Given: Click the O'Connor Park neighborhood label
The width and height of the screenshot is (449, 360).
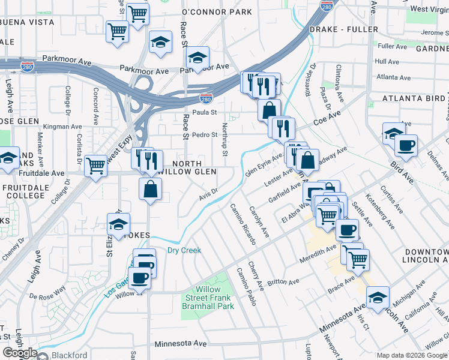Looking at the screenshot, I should [208, 12].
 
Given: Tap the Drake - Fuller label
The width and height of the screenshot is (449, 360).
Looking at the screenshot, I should [344, 29].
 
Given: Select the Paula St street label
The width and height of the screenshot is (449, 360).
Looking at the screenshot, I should [205, 112].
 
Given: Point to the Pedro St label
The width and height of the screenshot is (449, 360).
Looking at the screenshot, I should [204, 135].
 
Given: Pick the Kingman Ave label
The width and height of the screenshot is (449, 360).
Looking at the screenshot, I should [62, 127].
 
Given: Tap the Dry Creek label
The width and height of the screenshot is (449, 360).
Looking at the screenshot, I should [184, 250].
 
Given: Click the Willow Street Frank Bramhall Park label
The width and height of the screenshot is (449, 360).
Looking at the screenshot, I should [208, 298].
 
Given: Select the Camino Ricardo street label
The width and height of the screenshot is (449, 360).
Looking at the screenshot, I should [244, 224].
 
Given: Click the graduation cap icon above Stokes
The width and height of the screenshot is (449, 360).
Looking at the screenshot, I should [118, 225].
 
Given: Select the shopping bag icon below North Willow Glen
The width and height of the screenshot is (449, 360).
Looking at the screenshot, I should [150, 188].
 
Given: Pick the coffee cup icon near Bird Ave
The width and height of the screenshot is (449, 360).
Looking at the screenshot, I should [406, 145].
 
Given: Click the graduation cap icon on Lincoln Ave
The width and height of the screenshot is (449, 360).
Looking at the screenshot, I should [378, 298].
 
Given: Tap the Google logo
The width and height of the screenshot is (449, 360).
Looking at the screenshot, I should [19, 353].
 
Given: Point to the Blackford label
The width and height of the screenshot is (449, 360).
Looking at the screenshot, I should [69, 355].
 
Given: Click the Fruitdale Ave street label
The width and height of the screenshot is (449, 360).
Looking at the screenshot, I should [44, 173].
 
